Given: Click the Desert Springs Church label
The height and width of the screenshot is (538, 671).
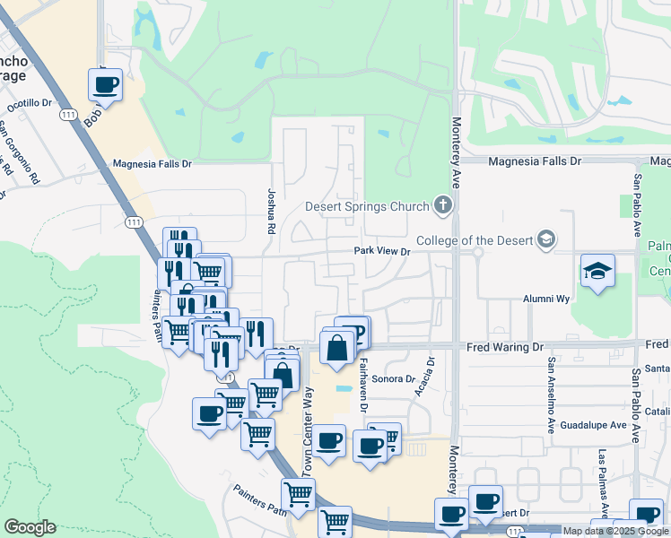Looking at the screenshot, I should tap(368, 207).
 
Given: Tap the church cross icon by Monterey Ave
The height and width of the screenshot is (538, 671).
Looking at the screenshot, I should tap(441, 206).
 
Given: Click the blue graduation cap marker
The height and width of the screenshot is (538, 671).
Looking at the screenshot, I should tap(597, 271).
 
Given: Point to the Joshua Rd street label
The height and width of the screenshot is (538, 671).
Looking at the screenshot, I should tap(270, 211).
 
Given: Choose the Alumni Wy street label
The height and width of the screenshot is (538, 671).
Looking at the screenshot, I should tap(547, 299).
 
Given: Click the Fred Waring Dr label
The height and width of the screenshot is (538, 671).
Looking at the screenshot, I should tap(505, 346).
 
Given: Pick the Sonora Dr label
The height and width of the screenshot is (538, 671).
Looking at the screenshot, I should tap(392, 379).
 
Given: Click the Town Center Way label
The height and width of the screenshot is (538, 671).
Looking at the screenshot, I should tap(307, 431).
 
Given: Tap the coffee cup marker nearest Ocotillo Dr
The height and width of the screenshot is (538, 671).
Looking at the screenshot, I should tap(105, 85).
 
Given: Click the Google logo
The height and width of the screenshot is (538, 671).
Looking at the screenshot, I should tap(30, 527).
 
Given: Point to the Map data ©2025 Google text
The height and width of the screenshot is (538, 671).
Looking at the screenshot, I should tap(615, 531).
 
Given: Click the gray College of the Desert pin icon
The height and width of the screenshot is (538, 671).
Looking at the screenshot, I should tap(546, 239).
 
